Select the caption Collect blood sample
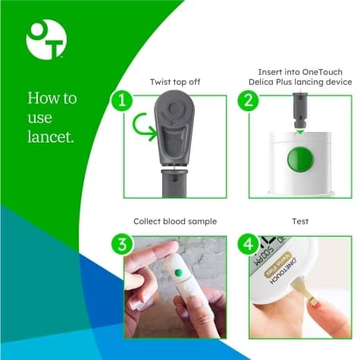point(175,221)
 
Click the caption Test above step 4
point(301,221)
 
